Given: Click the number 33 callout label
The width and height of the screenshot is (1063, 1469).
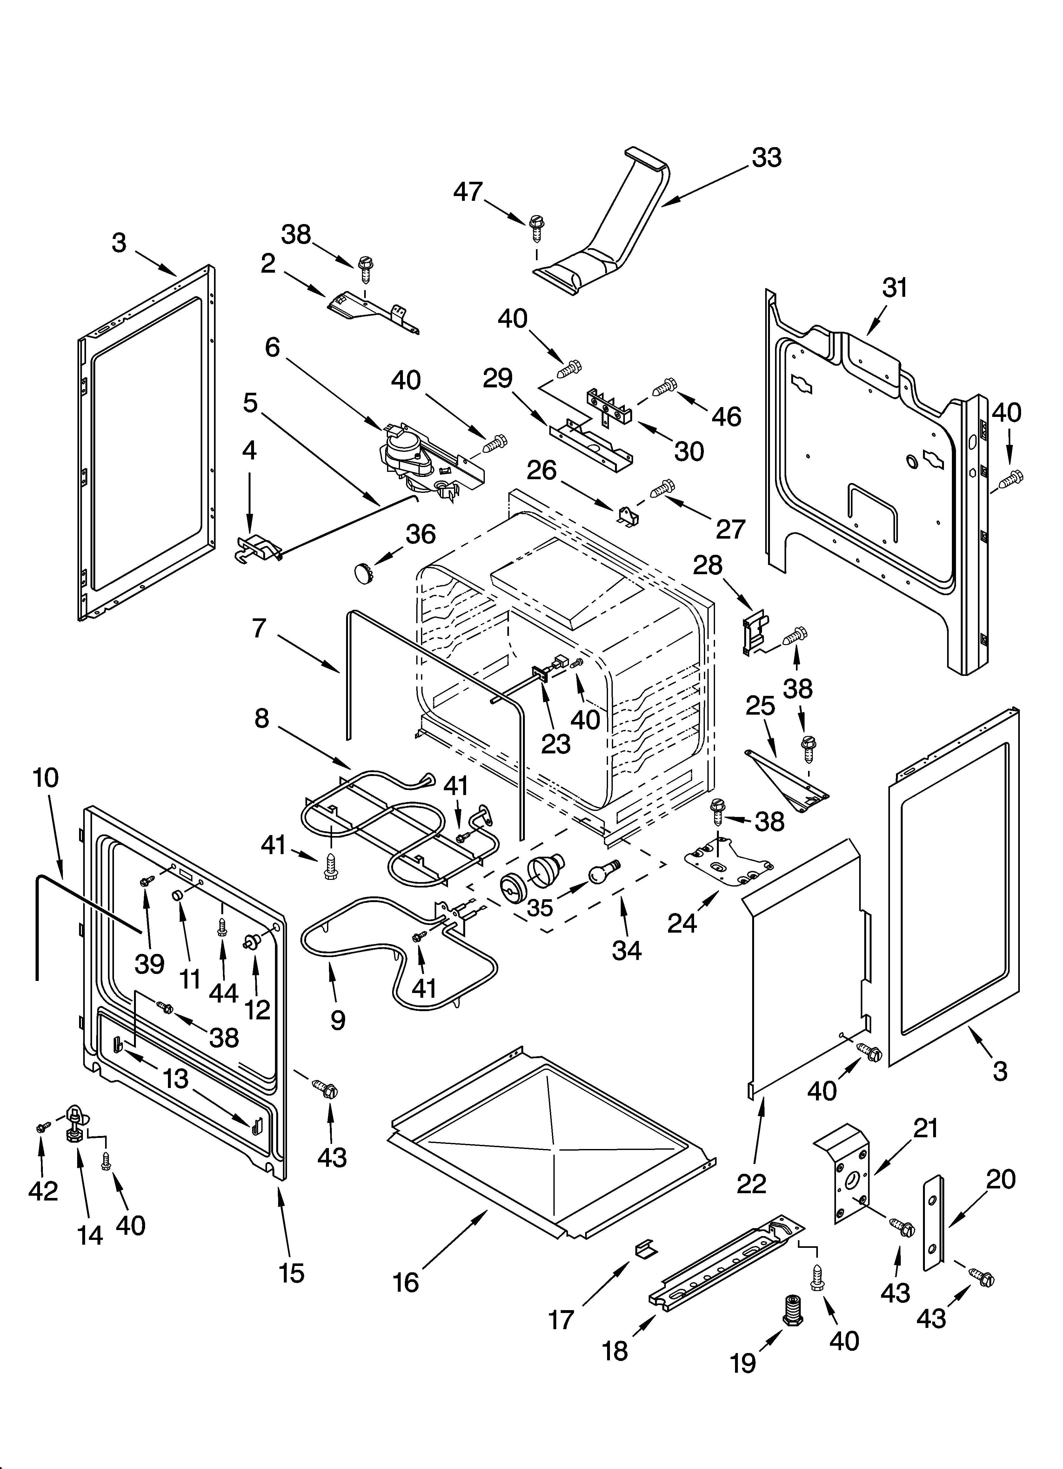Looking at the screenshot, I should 766,157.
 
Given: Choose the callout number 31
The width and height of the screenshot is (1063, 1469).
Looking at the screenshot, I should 895,288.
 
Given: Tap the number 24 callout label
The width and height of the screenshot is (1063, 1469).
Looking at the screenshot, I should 682,923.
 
